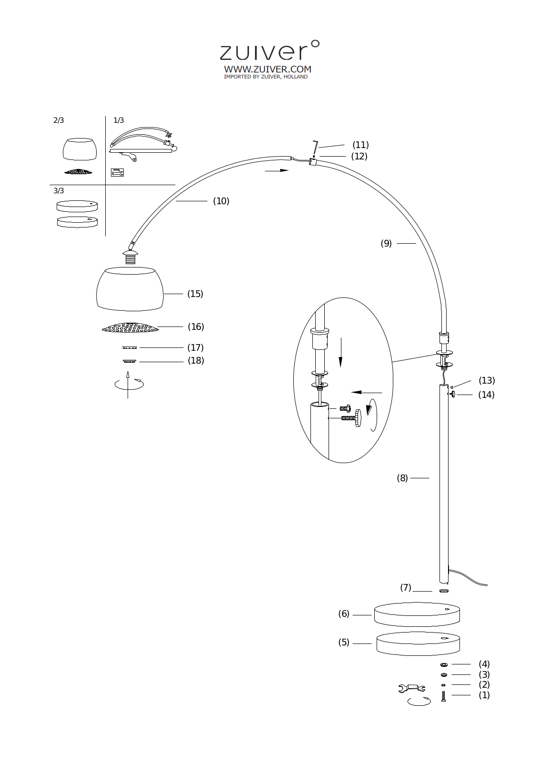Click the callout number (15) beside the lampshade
[x=195, y=294]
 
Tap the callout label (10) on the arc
[x=221, y=201]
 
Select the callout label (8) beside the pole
[x=402, y=478]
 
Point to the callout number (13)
[x=487, y=380]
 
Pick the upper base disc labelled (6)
[x=417, y=614]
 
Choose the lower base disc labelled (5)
[x=418, y=643]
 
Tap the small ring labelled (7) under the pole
[x=444, y=591]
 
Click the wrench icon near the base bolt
[x=412, y=688]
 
